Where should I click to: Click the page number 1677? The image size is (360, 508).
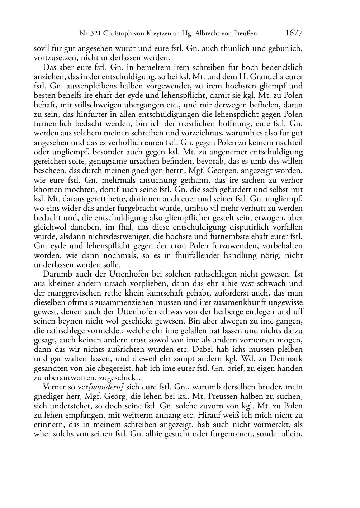(x=294, y=33)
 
